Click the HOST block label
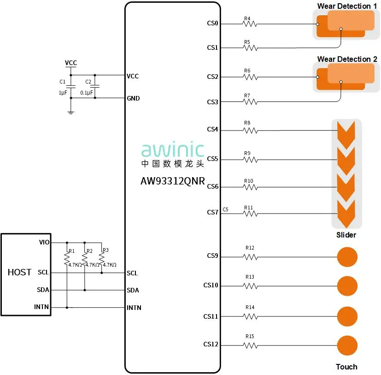19,272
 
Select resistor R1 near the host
67,259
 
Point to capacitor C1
70,87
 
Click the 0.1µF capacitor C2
95,87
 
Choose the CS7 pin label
212,213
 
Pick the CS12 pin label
211,345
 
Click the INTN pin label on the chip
134,308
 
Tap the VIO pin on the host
44,242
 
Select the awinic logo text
173,150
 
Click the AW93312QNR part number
173,181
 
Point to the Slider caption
346,235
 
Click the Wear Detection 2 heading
347,59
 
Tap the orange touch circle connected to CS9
347,257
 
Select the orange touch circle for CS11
347,316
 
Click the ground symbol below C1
70,112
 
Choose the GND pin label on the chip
133,98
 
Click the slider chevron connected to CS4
346,131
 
